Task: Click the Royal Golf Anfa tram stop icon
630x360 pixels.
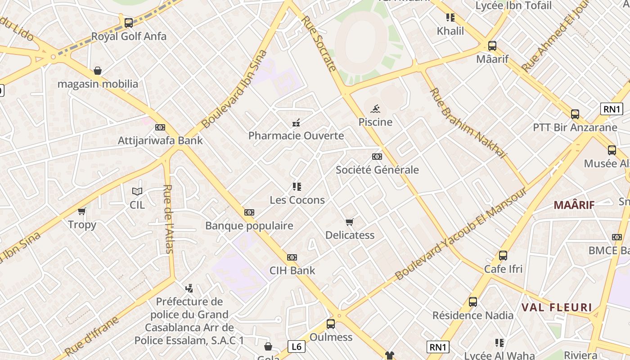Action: (x=129, y=22)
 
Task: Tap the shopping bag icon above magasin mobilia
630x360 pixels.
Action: (x=98, y=71)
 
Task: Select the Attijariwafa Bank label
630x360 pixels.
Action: (x=160, y=140)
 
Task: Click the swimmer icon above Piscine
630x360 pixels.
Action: (x=375, y=108)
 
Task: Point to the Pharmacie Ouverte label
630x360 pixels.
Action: (x=296, y=135)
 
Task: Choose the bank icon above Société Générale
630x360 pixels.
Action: (x=377, y=157)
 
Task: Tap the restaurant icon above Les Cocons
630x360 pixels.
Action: (x=297, y=186)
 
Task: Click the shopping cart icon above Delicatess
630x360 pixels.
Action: (x=350, y=222)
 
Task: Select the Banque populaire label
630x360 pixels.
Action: (x=249, y=225)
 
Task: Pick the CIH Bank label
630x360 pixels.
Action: (x=292, y=270)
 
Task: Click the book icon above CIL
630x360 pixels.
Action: (x=137, y=191)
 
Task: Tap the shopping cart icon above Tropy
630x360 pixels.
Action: (x=82, y=211)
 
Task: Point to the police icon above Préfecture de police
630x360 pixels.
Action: (x=189, y=288)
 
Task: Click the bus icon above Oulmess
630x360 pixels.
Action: (x=331, y=324)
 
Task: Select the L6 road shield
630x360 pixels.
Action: (x=296, y=346)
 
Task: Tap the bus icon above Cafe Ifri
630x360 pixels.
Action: (x=503, y=256)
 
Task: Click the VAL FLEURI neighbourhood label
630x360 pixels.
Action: (x=557, y=308)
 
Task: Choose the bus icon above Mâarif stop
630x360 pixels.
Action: (x=492, y=45)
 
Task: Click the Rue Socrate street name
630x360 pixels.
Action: (x=319, y=44)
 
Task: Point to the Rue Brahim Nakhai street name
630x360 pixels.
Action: (x=468, y=123)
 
